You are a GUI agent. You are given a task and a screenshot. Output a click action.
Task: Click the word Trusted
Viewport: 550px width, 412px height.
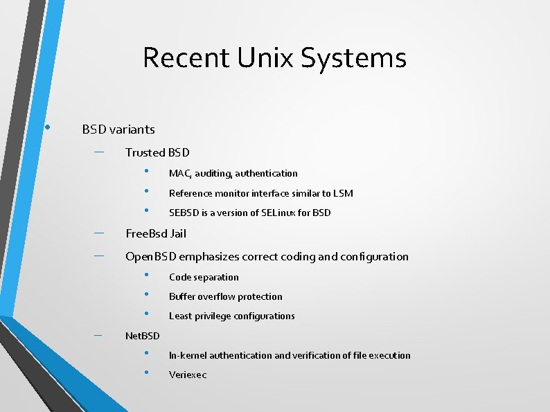(145, 152)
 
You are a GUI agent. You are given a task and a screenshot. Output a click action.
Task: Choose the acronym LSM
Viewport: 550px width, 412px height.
(343, 193)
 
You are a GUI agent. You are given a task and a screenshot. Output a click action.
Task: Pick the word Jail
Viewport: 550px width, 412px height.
(176, 233)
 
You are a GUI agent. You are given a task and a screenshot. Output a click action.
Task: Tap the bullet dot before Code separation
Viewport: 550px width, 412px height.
(147, 275)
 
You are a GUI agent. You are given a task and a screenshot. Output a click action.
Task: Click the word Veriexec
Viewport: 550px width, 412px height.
(188, 375)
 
